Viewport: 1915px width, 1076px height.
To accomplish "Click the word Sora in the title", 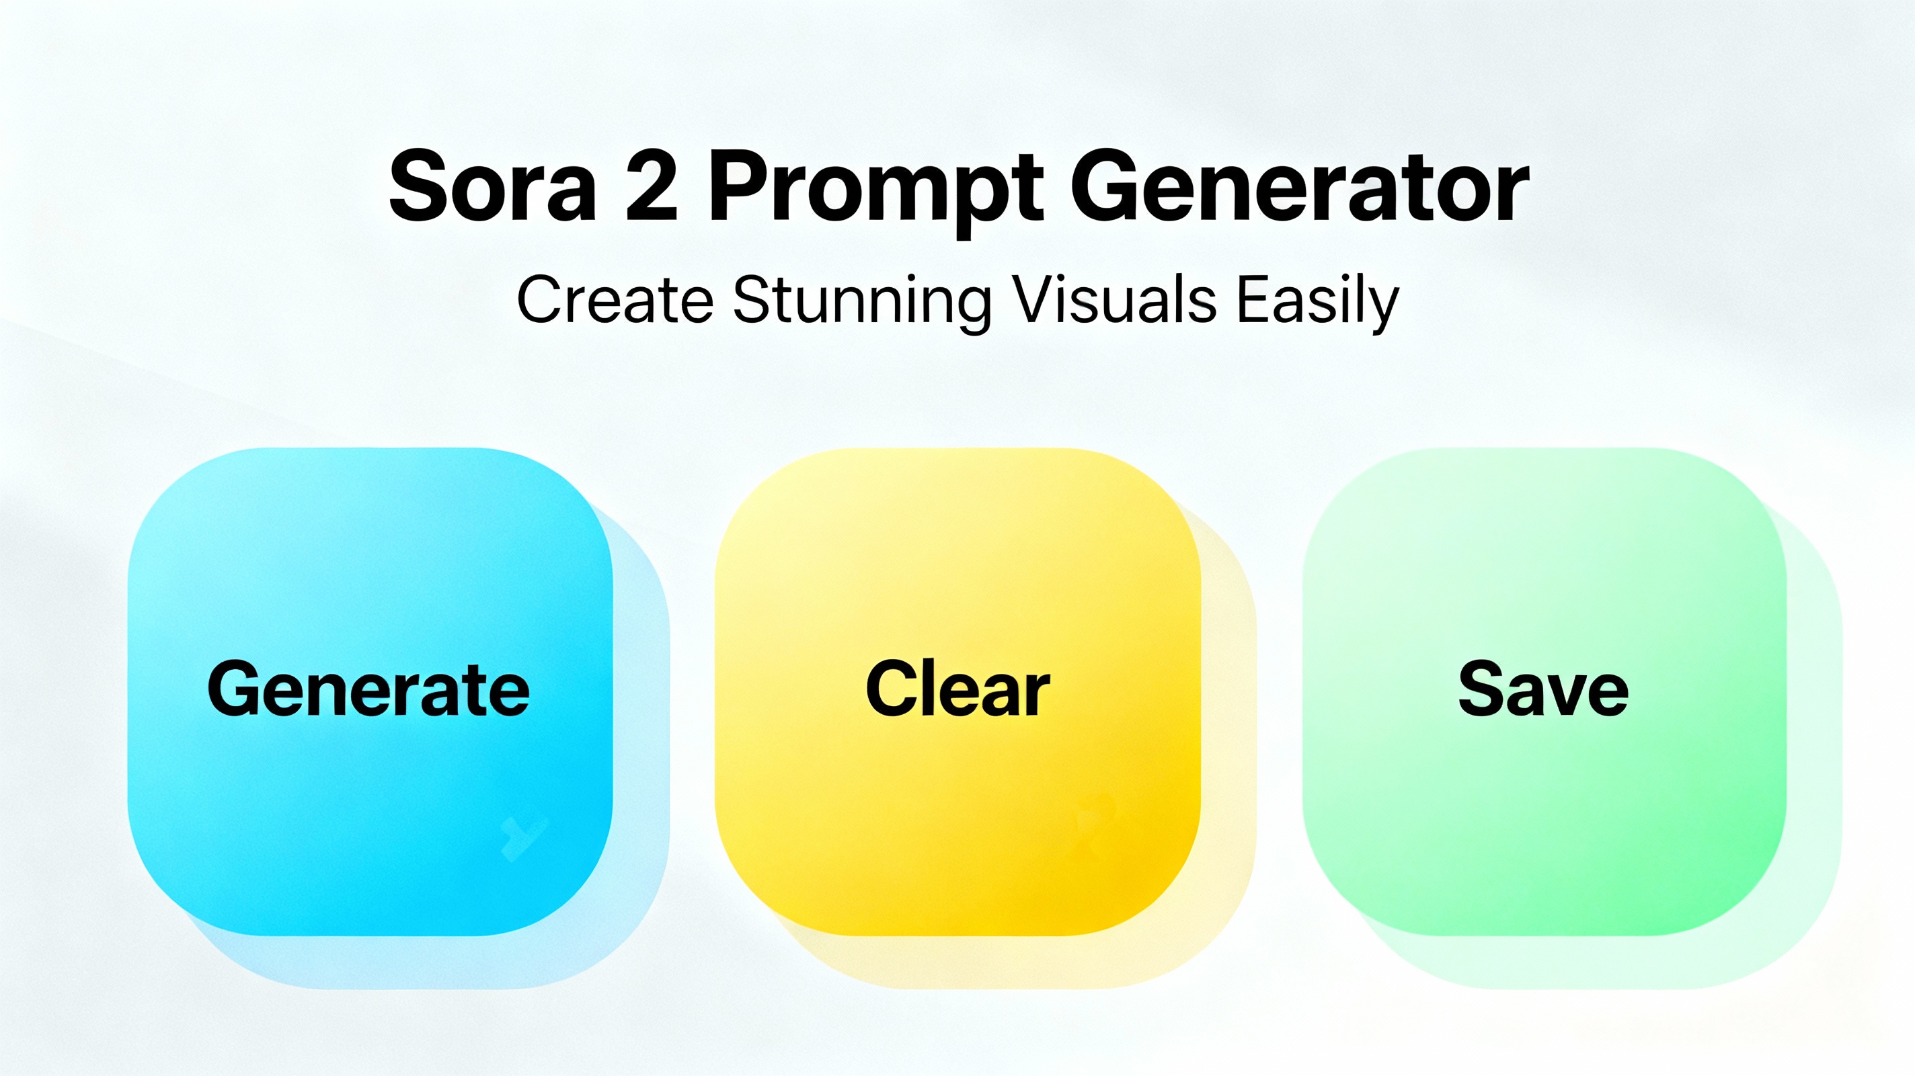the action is click(x=492, y=185).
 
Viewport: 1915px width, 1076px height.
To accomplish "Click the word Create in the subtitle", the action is click(x=615, y=300).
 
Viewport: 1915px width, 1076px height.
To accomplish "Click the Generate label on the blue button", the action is click(x=368, y=689).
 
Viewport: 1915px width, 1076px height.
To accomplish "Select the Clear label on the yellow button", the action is click(x=958, y=689).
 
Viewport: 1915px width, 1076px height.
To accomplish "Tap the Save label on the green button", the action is click(x=1543, y=689).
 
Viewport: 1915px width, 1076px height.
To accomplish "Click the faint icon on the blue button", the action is click(x=524, y=837).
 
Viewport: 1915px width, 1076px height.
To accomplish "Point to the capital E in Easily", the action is click(x=1255, y=301).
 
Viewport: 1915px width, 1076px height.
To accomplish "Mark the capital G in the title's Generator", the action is click(x=1107, y=185).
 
